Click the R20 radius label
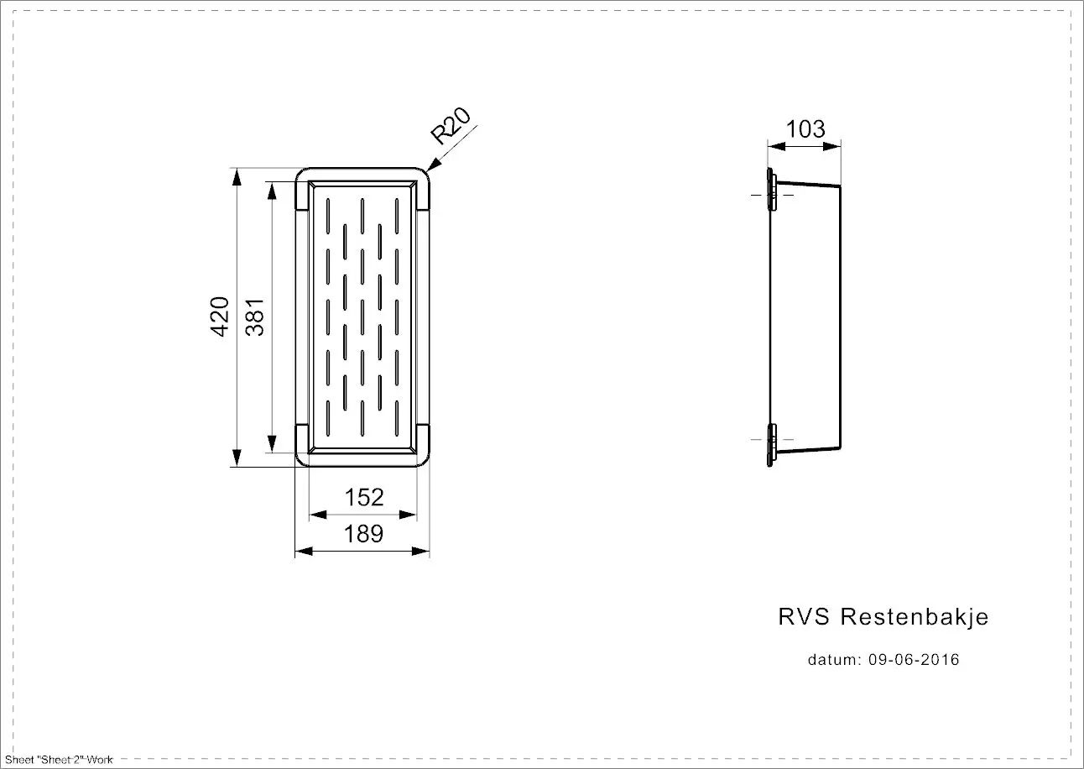pyautogui.click(x=451, y=126)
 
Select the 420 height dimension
pyautogui.click(x=219, y=316)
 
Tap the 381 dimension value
pyautogui.click(x=254, y=317)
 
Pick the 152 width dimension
pyautogui.click(x=364, y=497)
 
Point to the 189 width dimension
pyautogui.click(x=363, y=534)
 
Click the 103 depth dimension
pyautogui.click(x=805, y=128)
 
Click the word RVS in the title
pyautogui.click(x=804, y=617)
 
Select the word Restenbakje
pyautogui.click(x=915, y=617)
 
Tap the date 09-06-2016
pyautogui.click(x=914, y=660)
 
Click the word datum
pyautogui.click(x=835, y=660)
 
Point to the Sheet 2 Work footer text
pyautogui.click(x=59, y=760)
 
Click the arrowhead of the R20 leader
pyautogui.click(x=434, y=165)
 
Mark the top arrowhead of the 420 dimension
pyautogui.click(x=237, y=177)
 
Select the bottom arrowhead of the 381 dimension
pyautogui.click(x=272, y=443)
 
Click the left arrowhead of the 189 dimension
pyautogui.click(x=304, y=551)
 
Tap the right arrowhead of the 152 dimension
pyautogui.click(x=408, y=515)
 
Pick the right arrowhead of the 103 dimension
pyautogui.click(x=831, y=146)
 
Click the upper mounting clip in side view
pyautogui.click(x=771, y=190)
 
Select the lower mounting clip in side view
pyautogui.click(x=771, y=445)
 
